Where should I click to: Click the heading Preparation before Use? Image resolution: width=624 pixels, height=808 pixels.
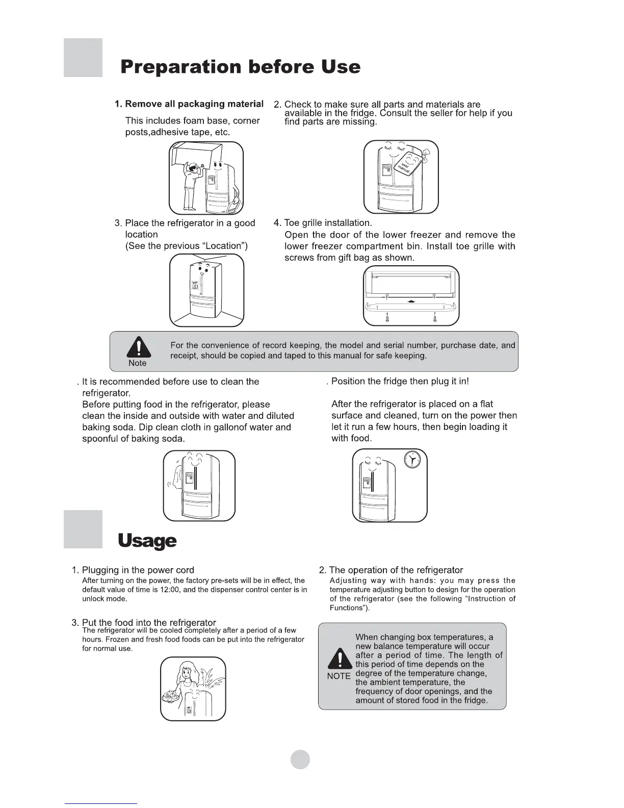[x=240, y=67]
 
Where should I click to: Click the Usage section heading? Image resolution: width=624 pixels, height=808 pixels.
[x=147, y=541]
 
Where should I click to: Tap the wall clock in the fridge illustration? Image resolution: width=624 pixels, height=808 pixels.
[x=412, y=460]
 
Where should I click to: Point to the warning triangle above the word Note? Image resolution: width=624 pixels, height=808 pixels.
[x=138, y=348]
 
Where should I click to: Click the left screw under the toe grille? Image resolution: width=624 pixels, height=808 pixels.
[x=388, y=317]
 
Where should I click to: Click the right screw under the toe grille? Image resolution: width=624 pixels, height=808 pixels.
[x=434, y=317]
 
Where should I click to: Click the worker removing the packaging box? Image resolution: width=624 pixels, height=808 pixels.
[x=191, y=186]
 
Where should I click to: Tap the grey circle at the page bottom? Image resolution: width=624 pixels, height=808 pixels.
[x=300, y=759]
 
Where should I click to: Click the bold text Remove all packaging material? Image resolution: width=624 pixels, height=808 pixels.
[x=194, y=104]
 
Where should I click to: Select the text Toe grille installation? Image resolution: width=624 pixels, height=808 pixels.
[x=328, y=223]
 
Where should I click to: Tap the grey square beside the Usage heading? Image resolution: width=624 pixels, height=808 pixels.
[x=83, y=529]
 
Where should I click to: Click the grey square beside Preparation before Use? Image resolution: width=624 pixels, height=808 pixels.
[x=83, y=58]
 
